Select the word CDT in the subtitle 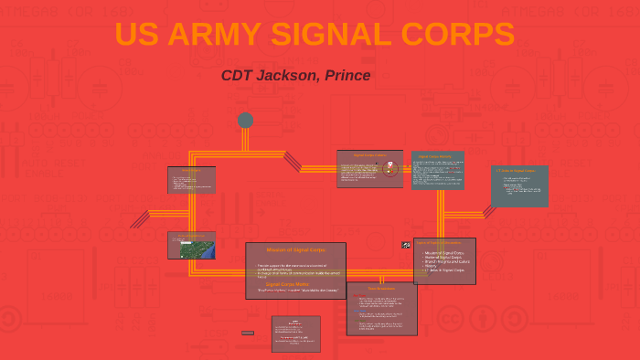coord(237,75)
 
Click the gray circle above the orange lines coord(245,120)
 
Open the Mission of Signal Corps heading coord(295,249)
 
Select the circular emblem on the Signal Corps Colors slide coord(390,168)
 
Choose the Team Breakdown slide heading coord(381,289)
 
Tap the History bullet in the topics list coord(432,266)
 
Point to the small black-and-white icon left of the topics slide coord(406,245)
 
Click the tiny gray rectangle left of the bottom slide coord(248,333)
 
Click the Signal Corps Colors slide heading coord(368,155)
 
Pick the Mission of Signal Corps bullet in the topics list coord(444,252)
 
